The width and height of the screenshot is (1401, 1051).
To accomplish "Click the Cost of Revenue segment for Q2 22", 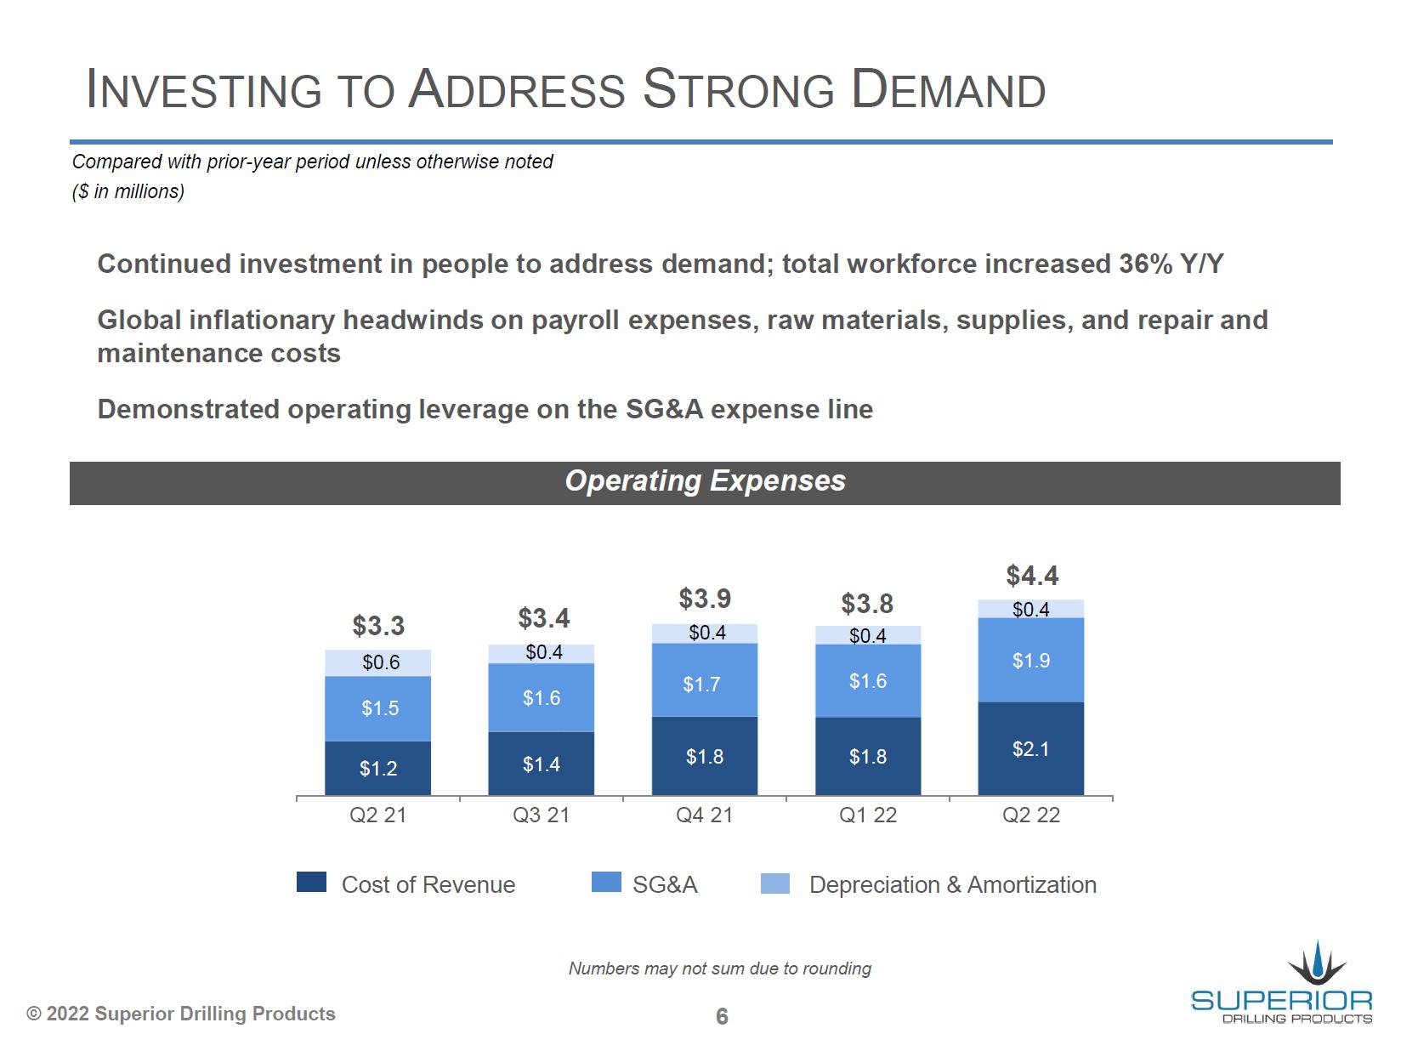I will click(x=1030, y=748).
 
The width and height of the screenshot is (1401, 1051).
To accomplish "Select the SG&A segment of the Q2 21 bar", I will click(x=378, y=708).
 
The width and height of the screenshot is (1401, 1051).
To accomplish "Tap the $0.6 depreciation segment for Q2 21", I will click(x=378, y=662).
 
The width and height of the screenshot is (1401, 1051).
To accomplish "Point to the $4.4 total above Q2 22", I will click(x=1032, y=576).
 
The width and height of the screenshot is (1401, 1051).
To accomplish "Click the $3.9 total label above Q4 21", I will click(x=705, y=599).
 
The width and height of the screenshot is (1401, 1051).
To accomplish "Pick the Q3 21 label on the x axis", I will click(x=541, y=815).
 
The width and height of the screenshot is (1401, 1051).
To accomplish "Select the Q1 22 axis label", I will click(x=868, y=815).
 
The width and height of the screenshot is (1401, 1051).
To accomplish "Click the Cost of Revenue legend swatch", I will click(x=311, y=883).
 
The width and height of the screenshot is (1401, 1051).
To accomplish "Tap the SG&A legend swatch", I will click(x=606, y=883).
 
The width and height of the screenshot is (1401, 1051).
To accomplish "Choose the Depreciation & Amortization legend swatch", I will click(x=774, y=883).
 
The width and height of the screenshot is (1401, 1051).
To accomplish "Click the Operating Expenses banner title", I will click(x=705, y=481).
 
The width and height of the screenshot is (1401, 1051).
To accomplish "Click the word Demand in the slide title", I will click(x=949, y=89).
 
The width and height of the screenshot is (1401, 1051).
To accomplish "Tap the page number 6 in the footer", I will click(x=722, y=1016).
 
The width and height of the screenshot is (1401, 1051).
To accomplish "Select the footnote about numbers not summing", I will click(x=719, y=969).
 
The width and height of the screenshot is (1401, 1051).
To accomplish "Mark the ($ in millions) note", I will click(x=128, y=191).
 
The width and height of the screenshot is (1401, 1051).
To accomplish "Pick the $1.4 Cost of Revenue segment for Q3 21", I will click(x=541, y=764).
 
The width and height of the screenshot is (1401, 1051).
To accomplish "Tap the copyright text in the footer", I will click(x=181, y=1014).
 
